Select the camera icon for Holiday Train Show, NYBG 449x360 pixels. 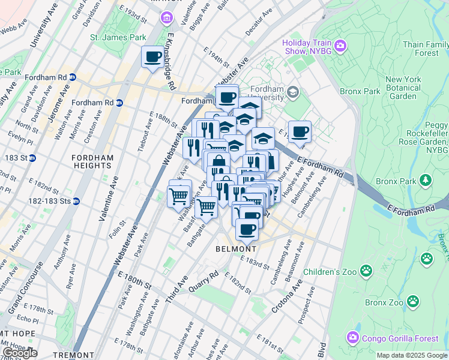point(341,45)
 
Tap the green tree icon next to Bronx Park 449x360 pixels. point(426,180)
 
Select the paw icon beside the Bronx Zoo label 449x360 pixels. point(414,301)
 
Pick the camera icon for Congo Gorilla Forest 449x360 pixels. point(352,339)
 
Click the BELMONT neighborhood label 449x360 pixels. point(236,248)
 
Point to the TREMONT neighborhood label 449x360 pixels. point(73,355)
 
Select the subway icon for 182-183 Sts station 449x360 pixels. point(76,201)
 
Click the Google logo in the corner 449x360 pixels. point(20,353)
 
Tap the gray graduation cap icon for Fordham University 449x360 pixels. point(293,92)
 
